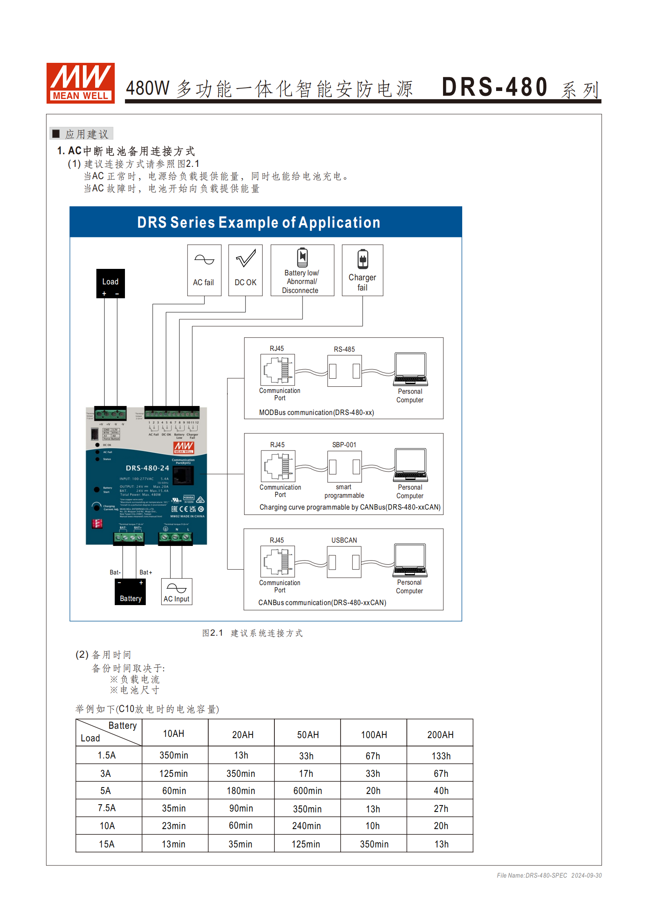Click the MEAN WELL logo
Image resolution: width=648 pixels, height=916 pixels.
tap(80, 83)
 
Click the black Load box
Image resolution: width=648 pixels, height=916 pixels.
tap(110, 283)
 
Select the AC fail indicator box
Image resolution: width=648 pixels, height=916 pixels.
tap(204, 270)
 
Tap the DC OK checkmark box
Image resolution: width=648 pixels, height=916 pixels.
tap(245, 270)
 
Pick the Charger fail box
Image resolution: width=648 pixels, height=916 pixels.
tap(362, 270)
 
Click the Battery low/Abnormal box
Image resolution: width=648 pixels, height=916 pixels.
tap(302, 270)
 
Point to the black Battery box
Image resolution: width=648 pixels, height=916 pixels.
tap(130, 592)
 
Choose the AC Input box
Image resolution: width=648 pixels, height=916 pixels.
tap(176, 592)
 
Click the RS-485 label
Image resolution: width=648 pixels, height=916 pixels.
tap(344, 349)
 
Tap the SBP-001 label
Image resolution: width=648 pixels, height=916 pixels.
tap(344, 445)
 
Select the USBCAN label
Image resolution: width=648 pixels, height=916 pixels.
tap(344, 540)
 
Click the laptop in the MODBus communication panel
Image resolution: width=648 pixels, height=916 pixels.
tap(410, 369)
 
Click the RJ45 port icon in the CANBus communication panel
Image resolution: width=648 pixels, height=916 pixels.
tap(278, 562)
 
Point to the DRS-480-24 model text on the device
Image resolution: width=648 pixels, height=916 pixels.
tap(147, 468)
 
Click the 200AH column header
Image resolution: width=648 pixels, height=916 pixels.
tap(440, 734)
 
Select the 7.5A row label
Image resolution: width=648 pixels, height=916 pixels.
tap(107, 808)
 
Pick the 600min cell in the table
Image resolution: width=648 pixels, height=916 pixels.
tap(307, 791)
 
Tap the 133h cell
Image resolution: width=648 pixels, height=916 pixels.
tap(441, 756)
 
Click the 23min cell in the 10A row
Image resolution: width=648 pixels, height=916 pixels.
tap(174, 826)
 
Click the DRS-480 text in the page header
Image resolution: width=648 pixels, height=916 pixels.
tap(494, 87)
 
